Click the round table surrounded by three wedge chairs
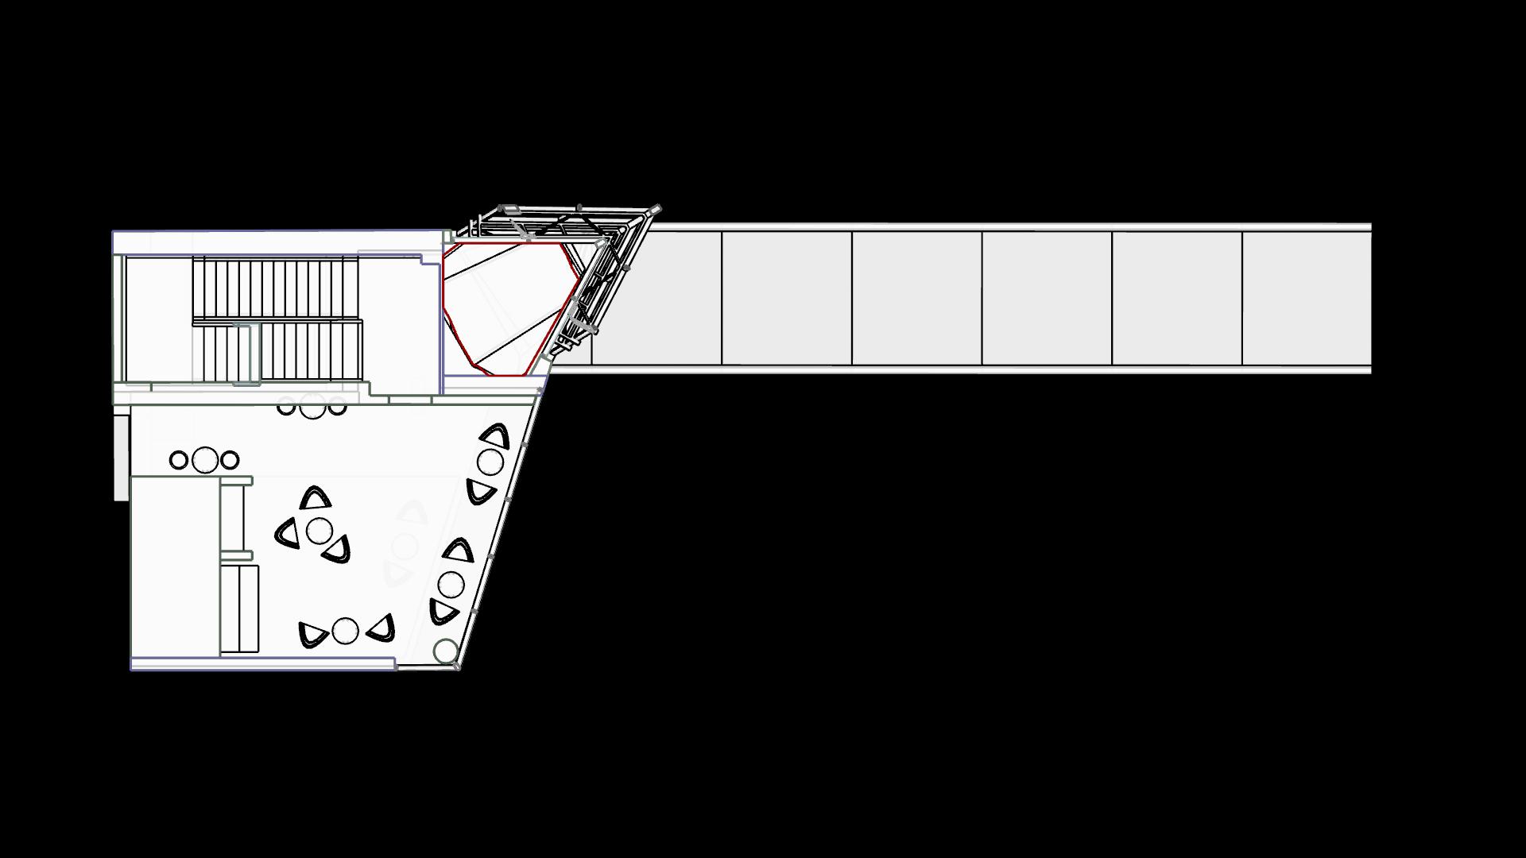pyautogui.click(x=319, y=531)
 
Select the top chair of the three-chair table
pyautogui.click(x=316, y=499)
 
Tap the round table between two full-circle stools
pyautogui.click(x=205, y=459)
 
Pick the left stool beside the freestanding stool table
pyautogui.click(x=179, y=460)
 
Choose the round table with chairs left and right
pyautogui.click(x=345, y=631)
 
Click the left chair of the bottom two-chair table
pyautogui.click(x=312, y=634)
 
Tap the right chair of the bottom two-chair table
pyautogui.click(x=382, y=628)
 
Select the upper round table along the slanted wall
pyautogui.click(x=490, y=462)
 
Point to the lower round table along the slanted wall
pyautogui.click(x=451, y=584)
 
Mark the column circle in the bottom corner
pyautogui.click(x=446, y=651)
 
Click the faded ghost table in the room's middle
pyautogui.click(x=405, y=546)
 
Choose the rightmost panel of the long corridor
pyautogui.click(x=1306, y=298)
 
